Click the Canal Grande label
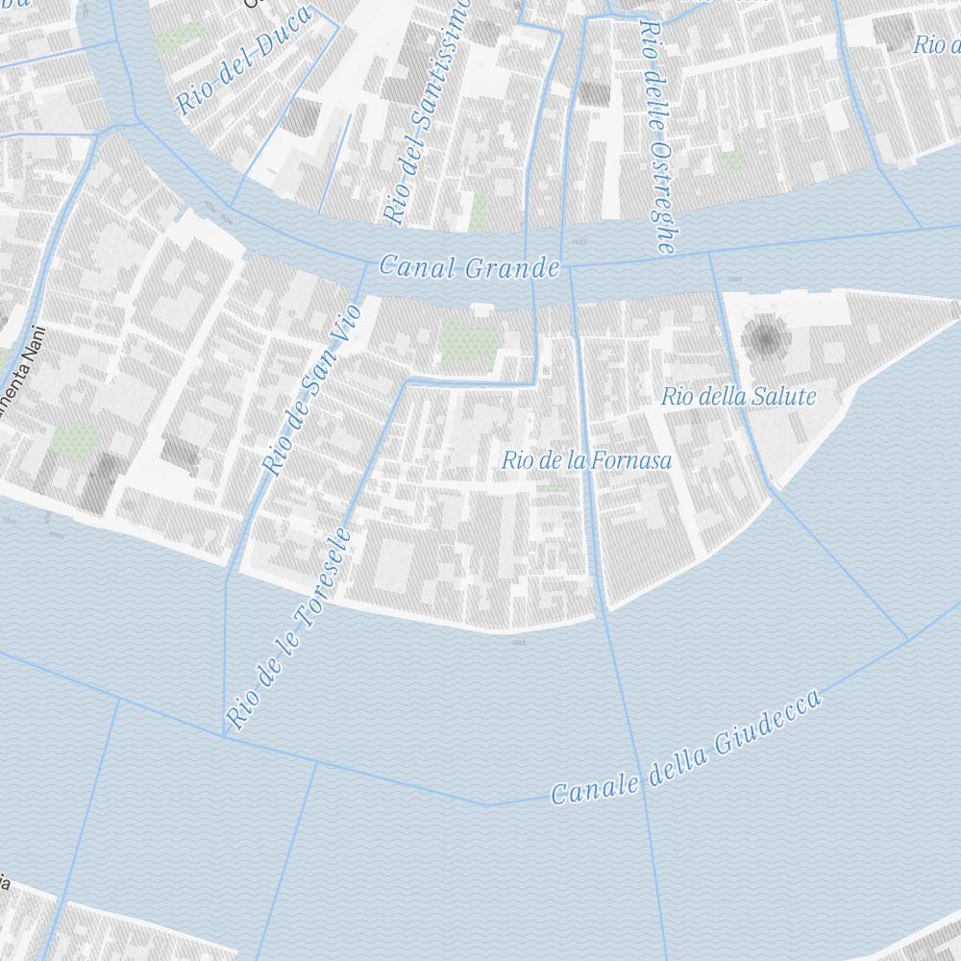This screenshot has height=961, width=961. tap(469, 266)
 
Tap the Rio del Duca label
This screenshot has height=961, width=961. tap(244, 60)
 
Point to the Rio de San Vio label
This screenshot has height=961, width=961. tap(312, 388)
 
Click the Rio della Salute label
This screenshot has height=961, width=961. tap(738, 396)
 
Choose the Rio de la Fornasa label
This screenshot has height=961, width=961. tap(586, 460)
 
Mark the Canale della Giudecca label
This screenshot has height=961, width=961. tap(687, 747)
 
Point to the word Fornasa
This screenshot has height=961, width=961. tap(631, 460)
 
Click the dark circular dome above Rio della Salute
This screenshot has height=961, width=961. tap(765, 338)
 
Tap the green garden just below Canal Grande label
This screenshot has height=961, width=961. tap(468, 343)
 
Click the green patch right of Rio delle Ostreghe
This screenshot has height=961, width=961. tap(732, 160)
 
